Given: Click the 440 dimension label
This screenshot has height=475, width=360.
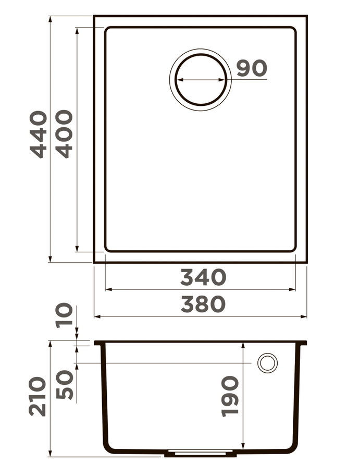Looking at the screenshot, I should [38, 134].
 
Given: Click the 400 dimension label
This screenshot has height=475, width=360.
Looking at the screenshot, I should [65, 134].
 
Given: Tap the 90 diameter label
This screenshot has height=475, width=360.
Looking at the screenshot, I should [252, 68].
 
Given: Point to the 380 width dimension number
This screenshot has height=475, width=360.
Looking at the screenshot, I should [203, 304].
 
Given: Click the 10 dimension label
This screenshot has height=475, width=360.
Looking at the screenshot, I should [65, 315].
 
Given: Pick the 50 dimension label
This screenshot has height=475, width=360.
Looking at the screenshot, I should [65, 385].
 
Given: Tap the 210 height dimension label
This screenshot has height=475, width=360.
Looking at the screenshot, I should [38, 396].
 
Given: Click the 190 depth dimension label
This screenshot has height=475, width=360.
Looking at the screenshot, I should [230, 396].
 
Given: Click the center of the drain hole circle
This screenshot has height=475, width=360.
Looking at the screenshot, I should [200, 80].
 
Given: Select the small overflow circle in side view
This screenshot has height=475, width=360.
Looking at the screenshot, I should [267, 363].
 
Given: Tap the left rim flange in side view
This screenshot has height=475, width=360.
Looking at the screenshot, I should [98, 343].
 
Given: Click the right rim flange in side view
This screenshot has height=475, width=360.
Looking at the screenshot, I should [303, 343].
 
